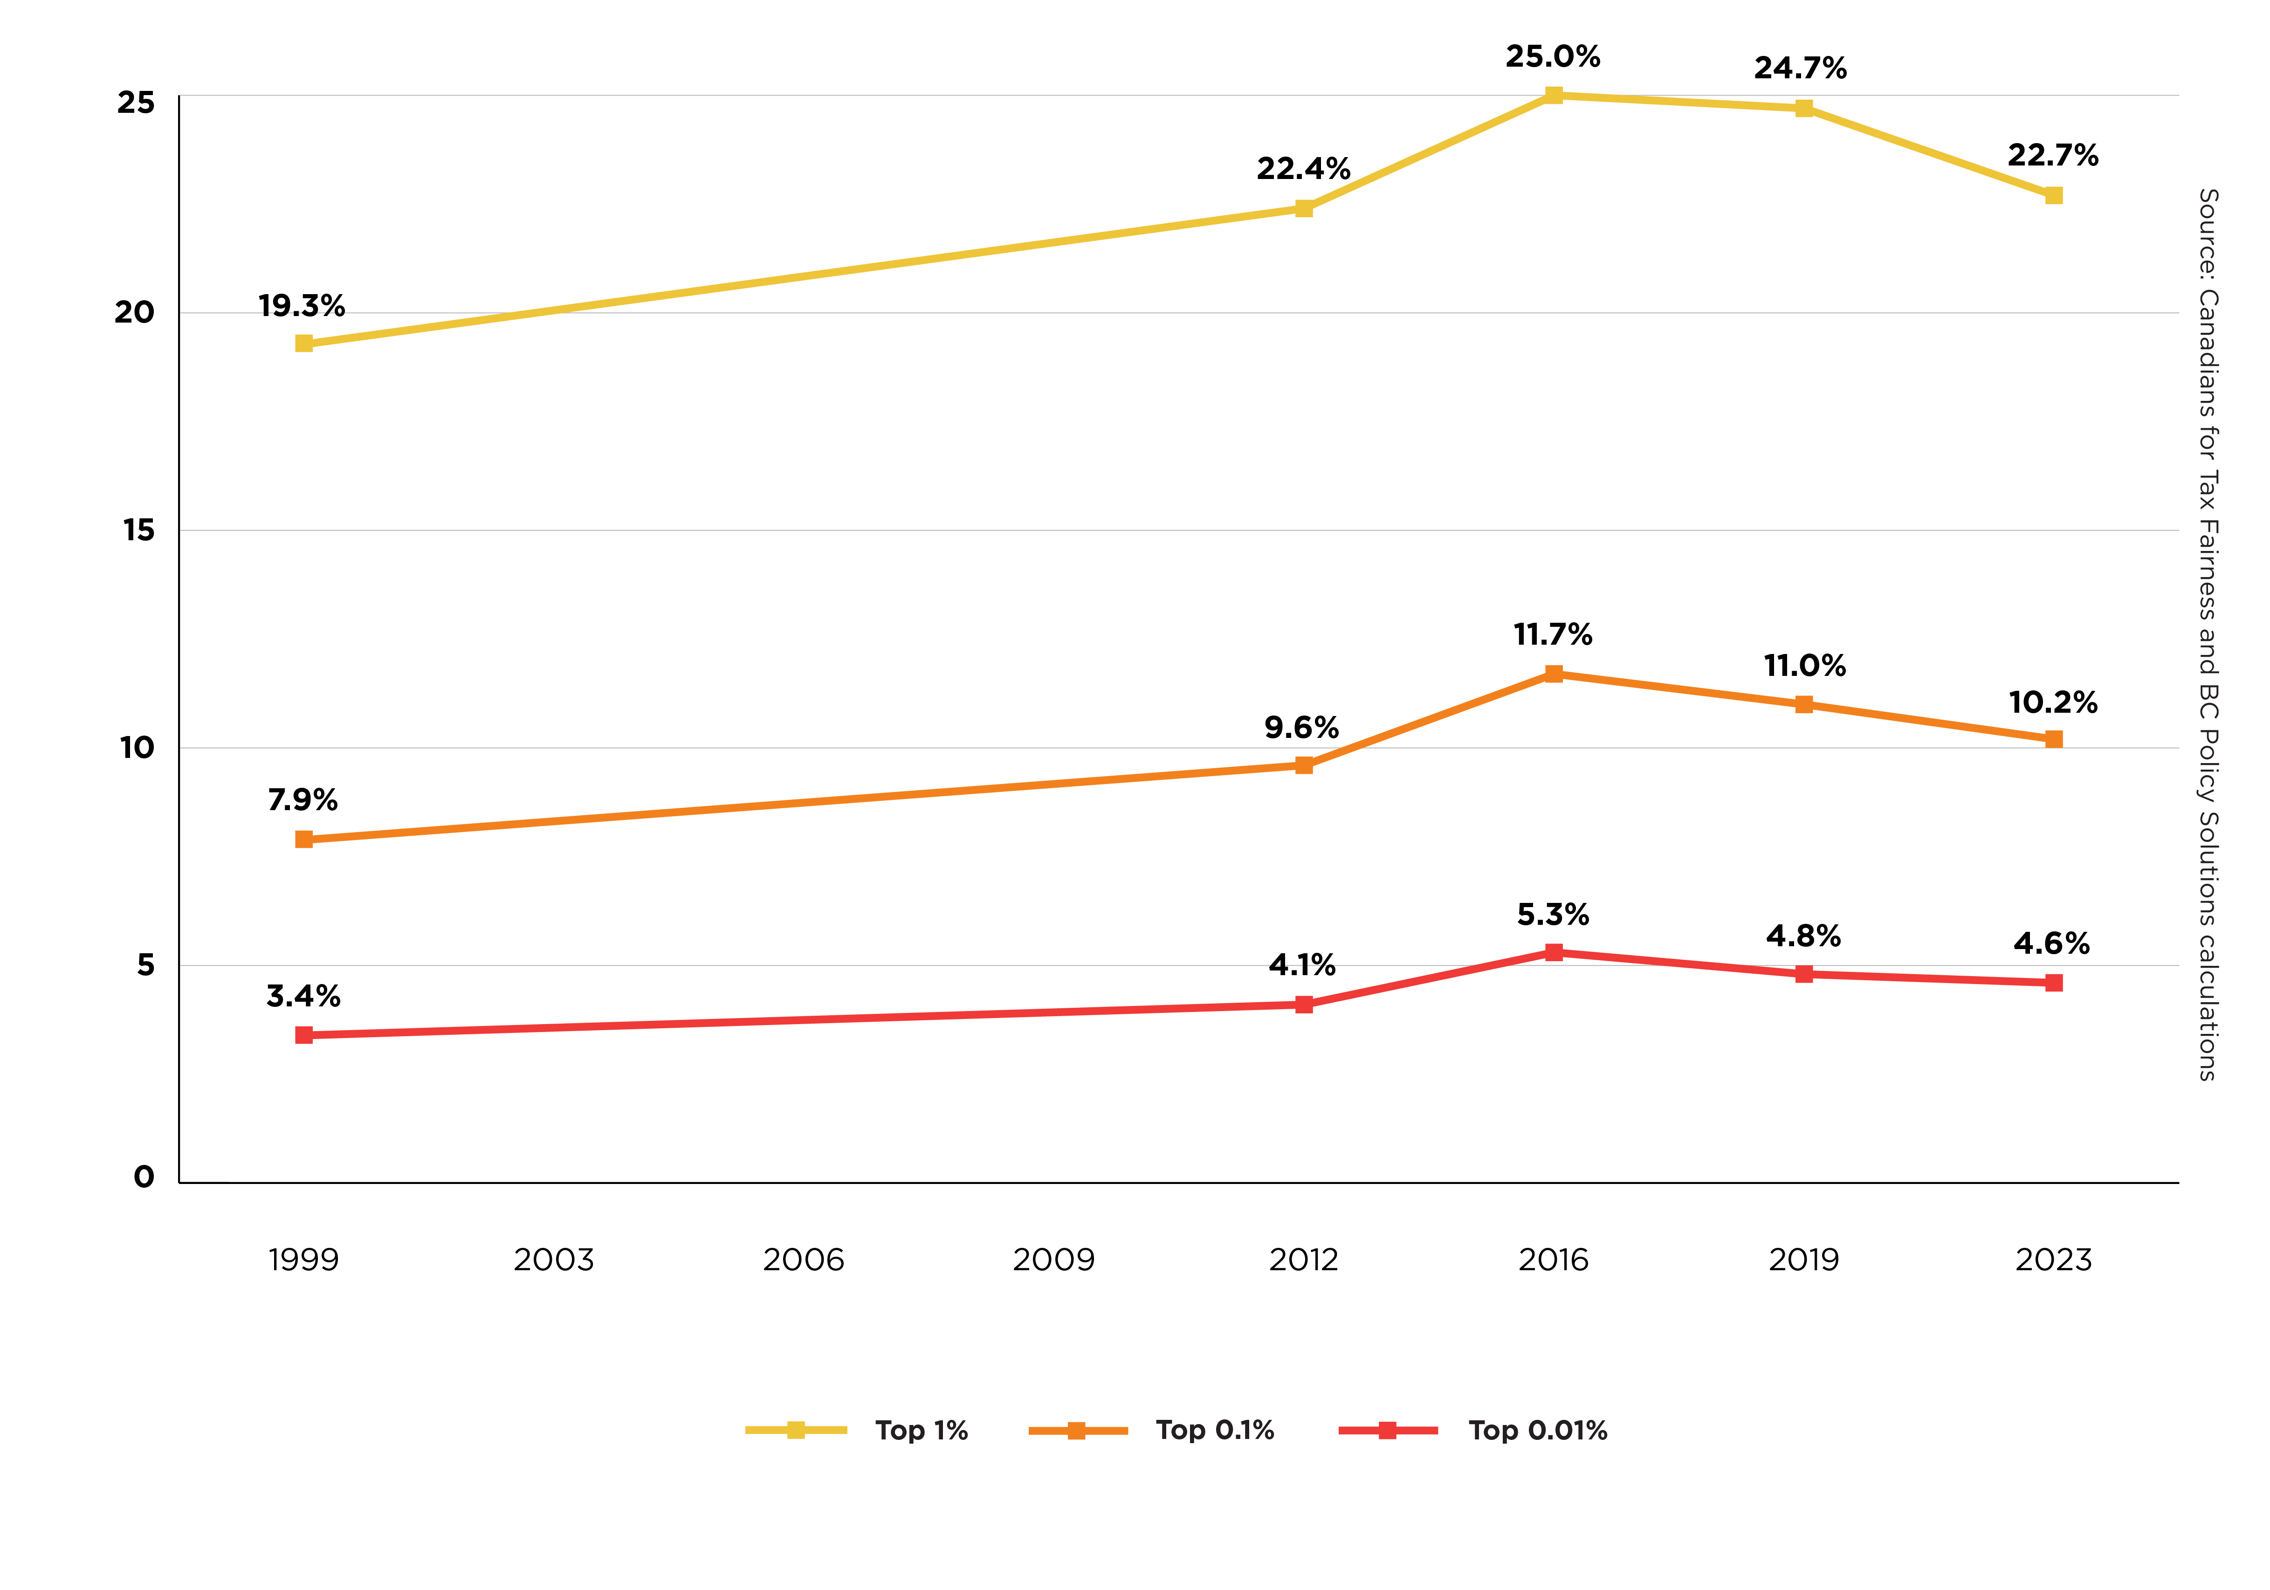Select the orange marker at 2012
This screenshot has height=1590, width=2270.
tap(1304, 765)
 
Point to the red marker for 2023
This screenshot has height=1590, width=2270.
tap(2053, 983)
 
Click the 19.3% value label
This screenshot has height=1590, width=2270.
tap(302, 307)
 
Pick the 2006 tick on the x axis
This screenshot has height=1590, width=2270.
tap(803, 1260)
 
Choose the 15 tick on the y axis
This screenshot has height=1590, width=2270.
tap(138, 531)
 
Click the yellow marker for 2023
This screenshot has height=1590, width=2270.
tap(2053, 196)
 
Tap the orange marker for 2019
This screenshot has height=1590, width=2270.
tap(1804, 705)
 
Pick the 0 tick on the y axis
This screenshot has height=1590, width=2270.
tap(144, 1177)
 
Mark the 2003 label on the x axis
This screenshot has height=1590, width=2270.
tap(554, 1260)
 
